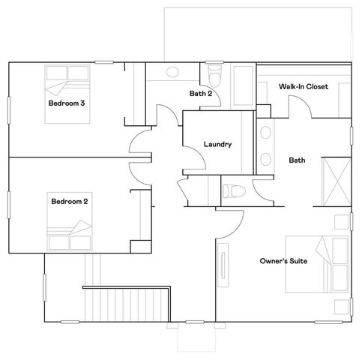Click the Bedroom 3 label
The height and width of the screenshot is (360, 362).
66,103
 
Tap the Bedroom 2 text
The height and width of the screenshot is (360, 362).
70,201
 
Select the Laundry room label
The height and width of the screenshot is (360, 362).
217,144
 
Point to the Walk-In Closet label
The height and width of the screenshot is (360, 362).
302,87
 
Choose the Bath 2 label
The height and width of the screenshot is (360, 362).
202,94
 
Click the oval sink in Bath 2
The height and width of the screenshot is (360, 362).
173,73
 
